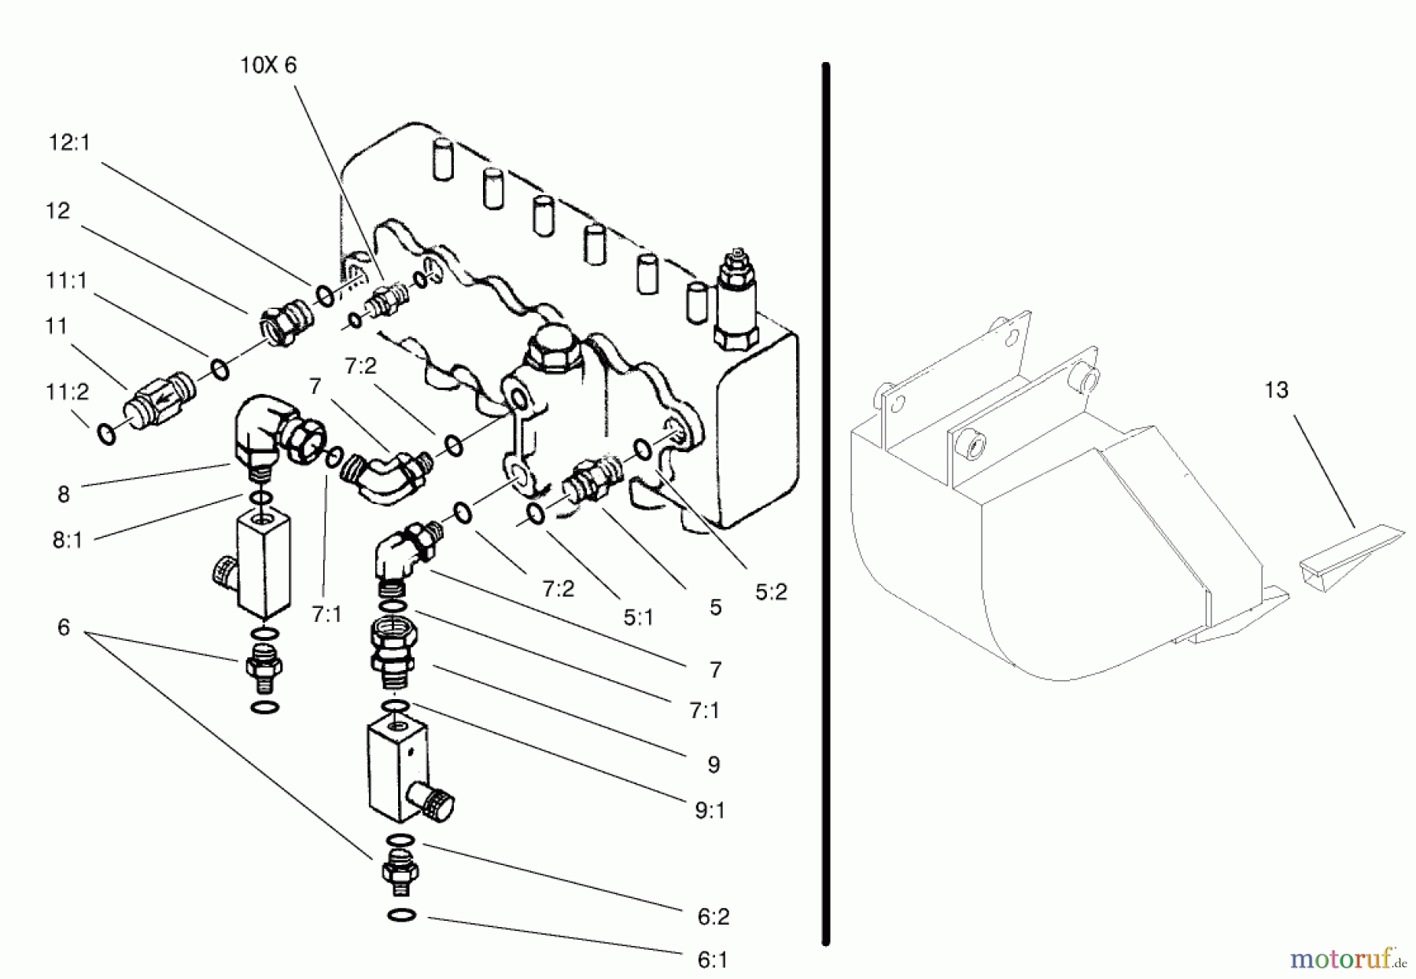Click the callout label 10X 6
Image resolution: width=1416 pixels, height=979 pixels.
click(268, 65)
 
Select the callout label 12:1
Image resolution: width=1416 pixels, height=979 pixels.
click(69, 142)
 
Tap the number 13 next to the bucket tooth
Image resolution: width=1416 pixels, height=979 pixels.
click(1276, 390)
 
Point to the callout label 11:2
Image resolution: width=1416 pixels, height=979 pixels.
click(68, 392)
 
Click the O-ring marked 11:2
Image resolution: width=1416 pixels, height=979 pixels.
click(106, 432)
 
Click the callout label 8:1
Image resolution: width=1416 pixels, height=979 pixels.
click(68, 540)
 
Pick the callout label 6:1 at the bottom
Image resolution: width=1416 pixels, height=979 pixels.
click(712, 959)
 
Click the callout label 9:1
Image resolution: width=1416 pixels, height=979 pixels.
click(710, 810)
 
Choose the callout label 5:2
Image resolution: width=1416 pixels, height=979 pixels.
click(770, 592)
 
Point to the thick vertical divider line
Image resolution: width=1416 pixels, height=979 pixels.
click(825, 503)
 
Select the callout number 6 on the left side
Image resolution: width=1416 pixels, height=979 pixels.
click(64, 627)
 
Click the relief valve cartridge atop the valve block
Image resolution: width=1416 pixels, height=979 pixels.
click(736, 299)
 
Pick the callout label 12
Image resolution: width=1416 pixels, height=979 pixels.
click(57, 211)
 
